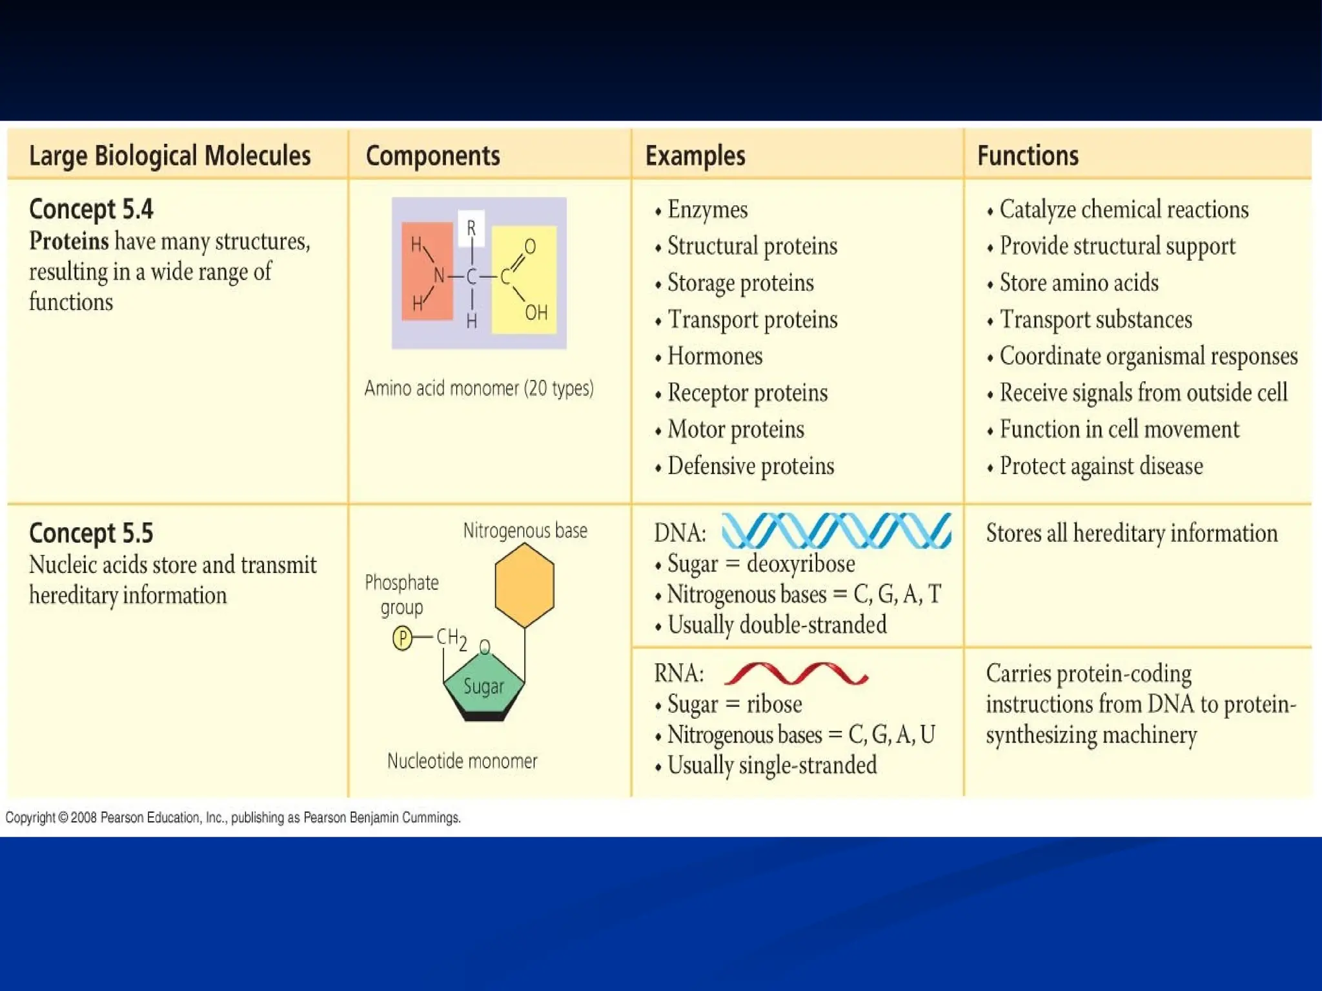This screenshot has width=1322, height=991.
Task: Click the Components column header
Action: click(432, 156)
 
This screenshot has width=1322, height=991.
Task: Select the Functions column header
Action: click(1028, 156)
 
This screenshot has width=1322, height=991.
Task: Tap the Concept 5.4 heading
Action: click(91, 209)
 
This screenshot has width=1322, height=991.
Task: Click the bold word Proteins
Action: click(69, 241)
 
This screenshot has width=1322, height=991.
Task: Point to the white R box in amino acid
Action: click(471, 228)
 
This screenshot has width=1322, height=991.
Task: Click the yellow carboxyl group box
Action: click(524, 280)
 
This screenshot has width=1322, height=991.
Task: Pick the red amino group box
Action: click(427, 272)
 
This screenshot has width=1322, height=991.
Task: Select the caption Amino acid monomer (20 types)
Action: click(478, 388)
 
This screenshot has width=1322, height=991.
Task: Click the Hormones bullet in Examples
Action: click(714, 356)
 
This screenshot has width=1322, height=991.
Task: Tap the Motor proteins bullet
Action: click(735, 430)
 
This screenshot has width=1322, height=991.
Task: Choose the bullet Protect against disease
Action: click(1100, 466)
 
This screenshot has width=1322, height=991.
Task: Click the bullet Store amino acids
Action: click(1078, 283)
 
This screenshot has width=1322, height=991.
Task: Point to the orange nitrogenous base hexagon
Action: click(524, 585)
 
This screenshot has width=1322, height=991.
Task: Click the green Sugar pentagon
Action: click(483, 686)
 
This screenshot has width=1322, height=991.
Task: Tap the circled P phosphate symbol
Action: click(402, 638)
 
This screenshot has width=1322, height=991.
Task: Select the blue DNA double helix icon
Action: click(836, 531)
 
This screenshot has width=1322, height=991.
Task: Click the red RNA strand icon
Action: click(796, 673)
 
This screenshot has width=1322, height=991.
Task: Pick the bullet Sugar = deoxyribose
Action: click(760, 564)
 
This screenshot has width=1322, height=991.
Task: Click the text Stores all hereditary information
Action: click(1131, 534)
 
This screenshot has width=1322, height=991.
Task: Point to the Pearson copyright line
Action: click(233, 817)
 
